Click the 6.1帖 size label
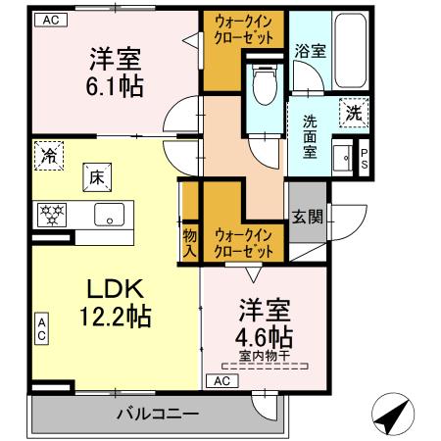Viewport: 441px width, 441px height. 116,86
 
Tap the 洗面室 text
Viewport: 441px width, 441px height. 310,137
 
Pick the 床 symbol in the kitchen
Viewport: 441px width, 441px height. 98,176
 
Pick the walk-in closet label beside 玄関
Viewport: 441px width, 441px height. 244,244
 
